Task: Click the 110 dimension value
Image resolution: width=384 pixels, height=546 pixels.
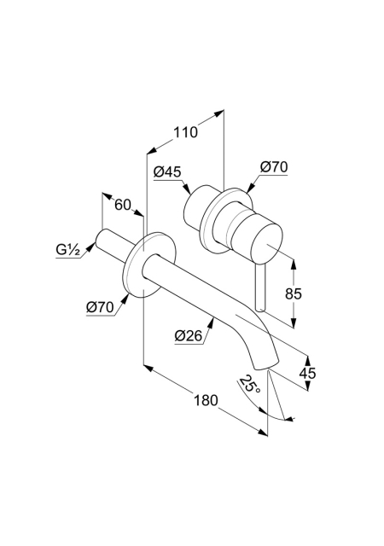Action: (x=185, y=132)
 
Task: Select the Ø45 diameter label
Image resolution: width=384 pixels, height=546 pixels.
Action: (x=167, y=171)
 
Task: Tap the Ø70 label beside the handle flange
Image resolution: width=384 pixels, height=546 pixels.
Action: (x=274, y=167)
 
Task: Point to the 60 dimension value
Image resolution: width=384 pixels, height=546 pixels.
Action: (x=123, y=205)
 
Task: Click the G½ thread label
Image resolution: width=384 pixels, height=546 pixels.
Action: (x=68, y=250)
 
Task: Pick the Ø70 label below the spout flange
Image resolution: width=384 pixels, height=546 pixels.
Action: (x=100, y=307)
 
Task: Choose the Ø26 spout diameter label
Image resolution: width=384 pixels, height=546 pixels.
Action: (x=189, y=335)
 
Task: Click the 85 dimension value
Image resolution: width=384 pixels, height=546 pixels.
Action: (x=293, y=293)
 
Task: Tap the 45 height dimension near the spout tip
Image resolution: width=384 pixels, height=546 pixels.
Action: (x=307, y=374)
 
